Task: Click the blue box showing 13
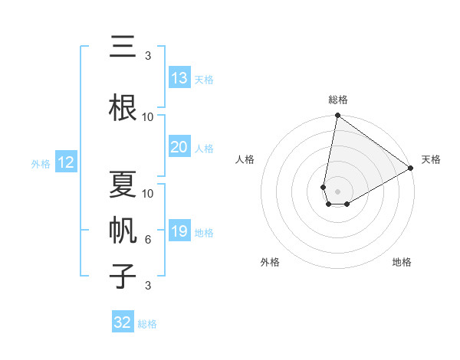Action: (179, 78)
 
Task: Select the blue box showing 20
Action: (179, 147)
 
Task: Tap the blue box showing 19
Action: (179, 231)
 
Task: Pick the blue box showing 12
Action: (65, 162)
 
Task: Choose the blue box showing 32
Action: (123, 322)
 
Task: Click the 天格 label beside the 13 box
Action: (204, 79)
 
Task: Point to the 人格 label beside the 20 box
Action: (204, 148)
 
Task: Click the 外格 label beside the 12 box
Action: (41, 163)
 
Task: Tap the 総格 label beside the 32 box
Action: (147, 323)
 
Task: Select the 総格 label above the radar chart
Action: (337, 100)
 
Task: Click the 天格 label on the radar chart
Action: (431, 159)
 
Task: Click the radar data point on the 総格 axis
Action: (337, 116)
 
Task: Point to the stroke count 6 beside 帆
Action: (148, 240)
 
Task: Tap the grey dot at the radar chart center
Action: (337, 190)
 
